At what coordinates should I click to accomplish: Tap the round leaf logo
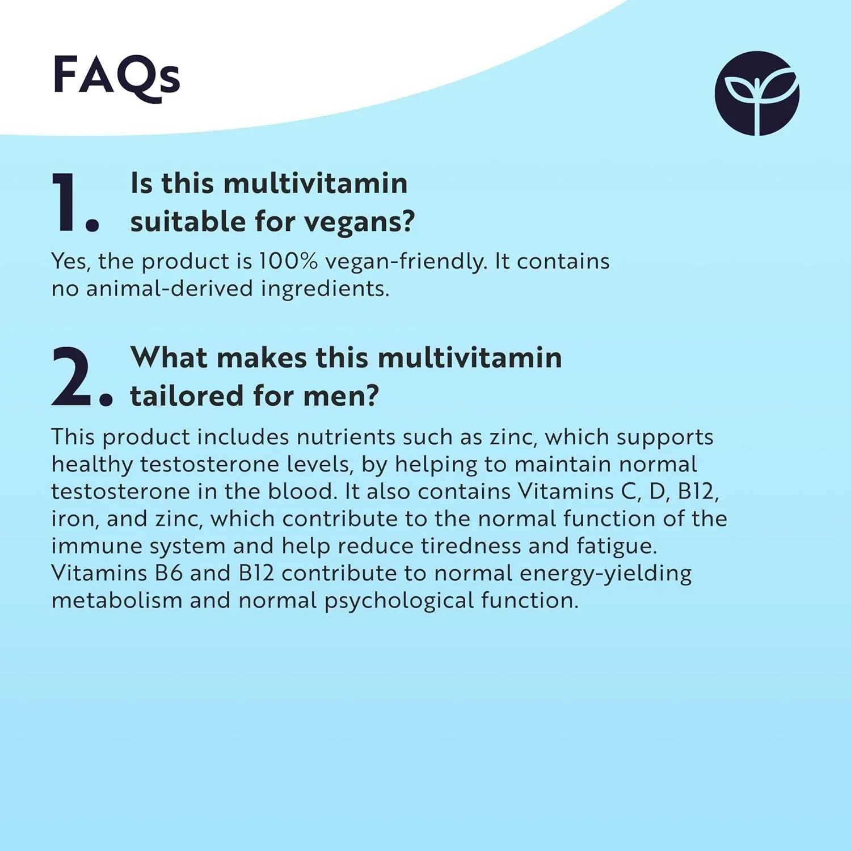pyautogui.click(x=757, y=94)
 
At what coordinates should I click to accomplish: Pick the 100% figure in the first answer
pyautogui.click(x=288, y=261)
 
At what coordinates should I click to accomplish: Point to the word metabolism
pyautogui.click(x=116, y=600)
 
